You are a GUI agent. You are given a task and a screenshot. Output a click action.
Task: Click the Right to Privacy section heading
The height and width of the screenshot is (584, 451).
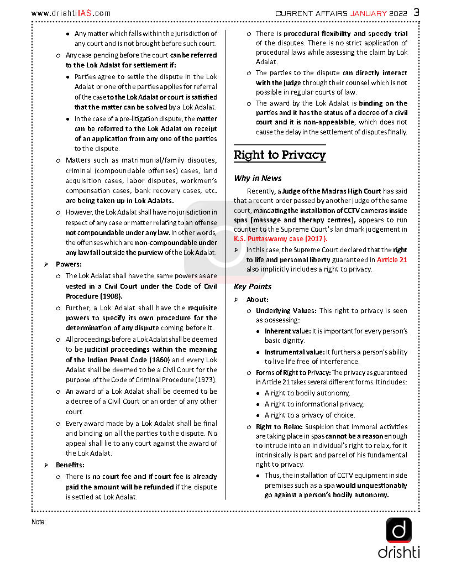coord(279,155)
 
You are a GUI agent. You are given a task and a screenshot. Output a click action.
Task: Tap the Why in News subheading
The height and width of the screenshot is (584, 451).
coord(258,178)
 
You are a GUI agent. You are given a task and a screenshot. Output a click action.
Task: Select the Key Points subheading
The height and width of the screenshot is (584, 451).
coord(253,286)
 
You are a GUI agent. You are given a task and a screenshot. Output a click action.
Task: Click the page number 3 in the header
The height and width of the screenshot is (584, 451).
coord(416,12)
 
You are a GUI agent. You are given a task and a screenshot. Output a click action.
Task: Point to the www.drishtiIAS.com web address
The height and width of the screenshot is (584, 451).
coord(71,13)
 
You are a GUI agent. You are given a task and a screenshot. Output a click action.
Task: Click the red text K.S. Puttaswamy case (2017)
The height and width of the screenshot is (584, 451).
coord(280,239)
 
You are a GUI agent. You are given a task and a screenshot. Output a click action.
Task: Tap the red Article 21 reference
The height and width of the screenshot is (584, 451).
coord(392,259)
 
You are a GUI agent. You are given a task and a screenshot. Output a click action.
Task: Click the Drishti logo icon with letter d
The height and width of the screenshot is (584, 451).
coord(398,530)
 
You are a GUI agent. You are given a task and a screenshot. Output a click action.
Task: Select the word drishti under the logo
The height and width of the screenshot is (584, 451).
coord(398,552)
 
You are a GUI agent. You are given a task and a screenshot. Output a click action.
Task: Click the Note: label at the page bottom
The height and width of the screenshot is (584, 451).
coord(39,522)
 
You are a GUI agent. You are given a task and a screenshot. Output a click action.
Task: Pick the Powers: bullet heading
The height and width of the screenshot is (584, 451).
coord(69,264)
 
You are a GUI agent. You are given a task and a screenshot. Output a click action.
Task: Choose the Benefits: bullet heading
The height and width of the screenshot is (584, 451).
coord(70,465)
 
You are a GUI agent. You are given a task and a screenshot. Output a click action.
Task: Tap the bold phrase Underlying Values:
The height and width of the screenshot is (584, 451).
coord(286,311)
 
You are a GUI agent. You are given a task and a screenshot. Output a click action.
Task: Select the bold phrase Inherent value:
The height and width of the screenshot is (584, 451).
coord(287,331)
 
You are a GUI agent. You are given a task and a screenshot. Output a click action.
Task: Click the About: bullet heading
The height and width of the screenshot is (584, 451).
coord(257,300)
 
